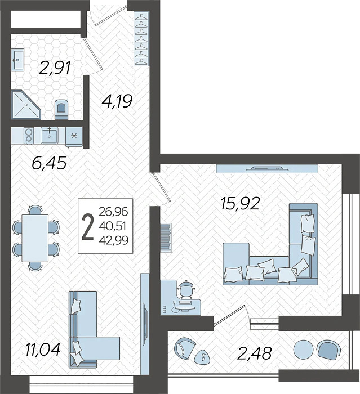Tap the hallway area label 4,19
pyautogui.click(x=117, y=101)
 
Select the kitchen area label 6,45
pyautogui.click(x=50, y=162)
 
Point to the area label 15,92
pyautogui.click(x=240, y=203)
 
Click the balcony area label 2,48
pyautogui.click(x=255, y=353)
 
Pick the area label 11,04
pyautogui.click(x=43, y=350)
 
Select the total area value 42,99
pyautogui.click(x=114, y=240)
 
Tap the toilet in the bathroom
pyautogui.click(x=61, y=110)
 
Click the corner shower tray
pyautogui.click(x=26, y=105)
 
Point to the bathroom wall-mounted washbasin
pyautogui.click(x=17, y=60)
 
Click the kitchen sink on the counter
pyautogui.click(x=50, y=135)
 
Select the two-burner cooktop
pyautogui.click(x=28, y=136)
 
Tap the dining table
pyautogui.click(x=35, y=238)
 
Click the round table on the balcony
pyautogui.click(x=304, y=350)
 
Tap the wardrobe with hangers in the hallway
pyautogui.click(x=141, y=39)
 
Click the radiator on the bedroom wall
pyautogui.click(x=166, y=237)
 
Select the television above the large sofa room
pyautogui.click(x=267, y=168)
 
